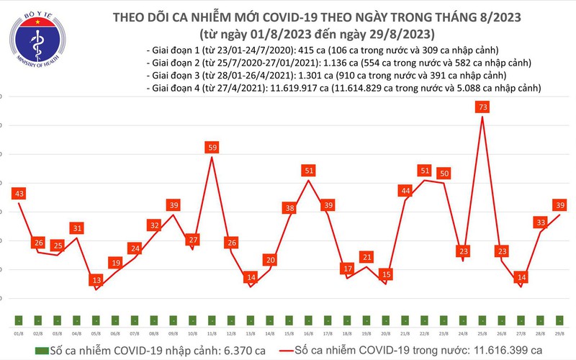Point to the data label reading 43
(x=19, y=194)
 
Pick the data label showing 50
(x=444, y=173)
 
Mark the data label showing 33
(x=541, y=222)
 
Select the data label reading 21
(x=366, y=257)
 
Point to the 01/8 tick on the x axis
(x=18, y=333)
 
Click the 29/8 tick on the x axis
(x=559, y=333)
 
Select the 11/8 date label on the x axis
(x=212, y=333)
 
